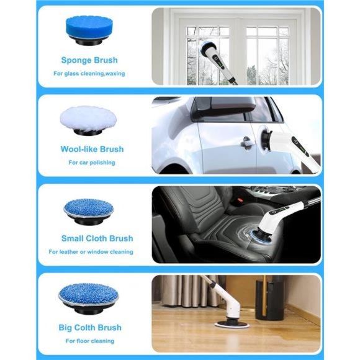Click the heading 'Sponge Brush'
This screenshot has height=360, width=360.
point(89,60)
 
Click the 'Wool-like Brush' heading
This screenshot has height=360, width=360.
point(92,149)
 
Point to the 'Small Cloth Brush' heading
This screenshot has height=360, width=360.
point(97,238)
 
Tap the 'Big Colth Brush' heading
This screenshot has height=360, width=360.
point(91,327)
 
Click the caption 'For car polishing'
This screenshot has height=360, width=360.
point(91,163)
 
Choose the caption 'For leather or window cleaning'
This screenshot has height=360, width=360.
point(91,252)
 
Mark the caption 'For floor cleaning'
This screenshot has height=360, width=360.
point(91,341)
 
